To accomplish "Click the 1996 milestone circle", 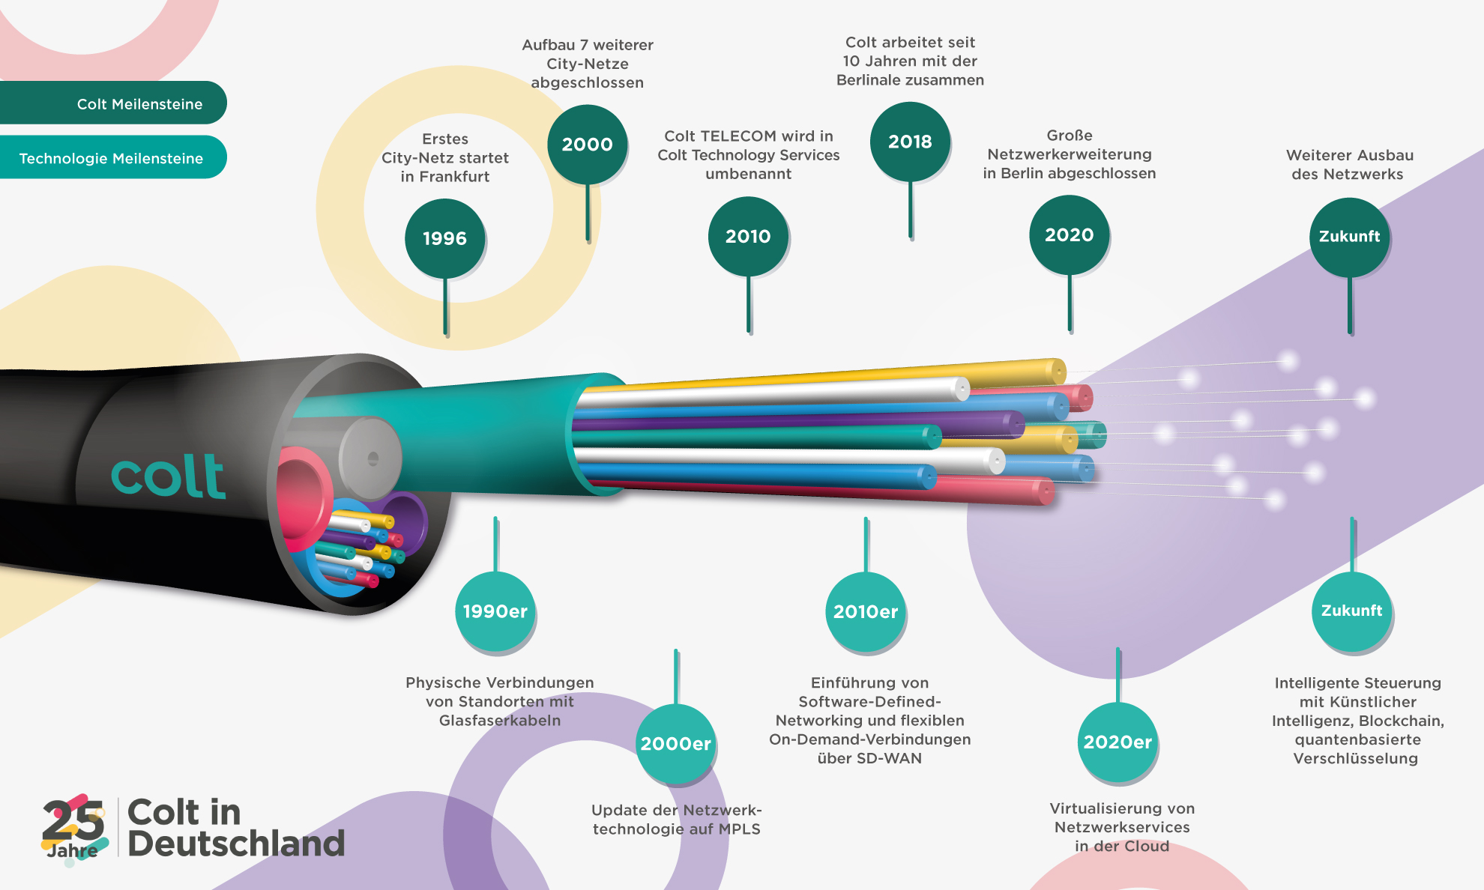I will [444, 238].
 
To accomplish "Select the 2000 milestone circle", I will [588, 144].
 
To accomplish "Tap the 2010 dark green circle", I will [748, 236].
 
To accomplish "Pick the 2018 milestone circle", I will [910, 141].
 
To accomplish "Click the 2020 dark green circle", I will [1069, 234].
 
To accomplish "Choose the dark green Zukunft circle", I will [1349, 236].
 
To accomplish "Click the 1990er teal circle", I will [495, 611].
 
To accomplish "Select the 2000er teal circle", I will [675, 743].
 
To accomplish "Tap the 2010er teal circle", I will [866, 611].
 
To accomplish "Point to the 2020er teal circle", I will [1117, 742].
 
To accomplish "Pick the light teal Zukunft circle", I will [1351, 611].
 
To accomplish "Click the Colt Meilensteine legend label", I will [139, 104].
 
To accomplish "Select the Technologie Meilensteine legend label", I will [111, 158].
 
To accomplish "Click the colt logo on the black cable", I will [169, 476].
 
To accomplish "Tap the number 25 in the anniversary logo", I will [73, 821].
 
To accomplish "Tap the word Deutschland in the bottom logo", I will [236, 844].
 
